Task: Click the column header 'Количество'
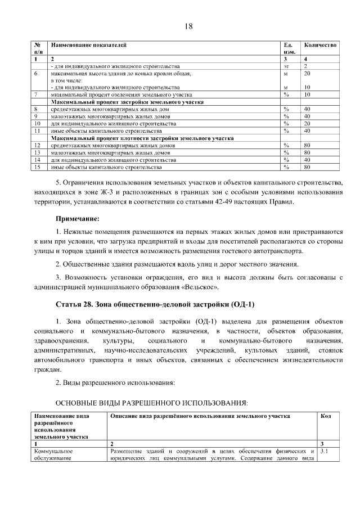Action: tap(320, 44)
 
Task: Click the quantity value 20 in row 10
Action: tap(307, 123)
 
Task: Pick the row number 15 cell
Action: tap(37, 167)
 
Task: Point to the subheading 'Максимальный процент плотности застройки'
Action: tap(142, 137)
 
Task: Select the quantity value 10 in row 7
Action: tap(307, 95)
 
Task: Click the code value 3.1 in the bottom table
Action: tap(324, 451)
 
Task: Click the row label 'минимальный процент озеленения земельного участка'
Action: tap(121, 95)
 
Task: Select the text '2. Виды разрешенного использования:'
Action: tap(115, 383)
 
